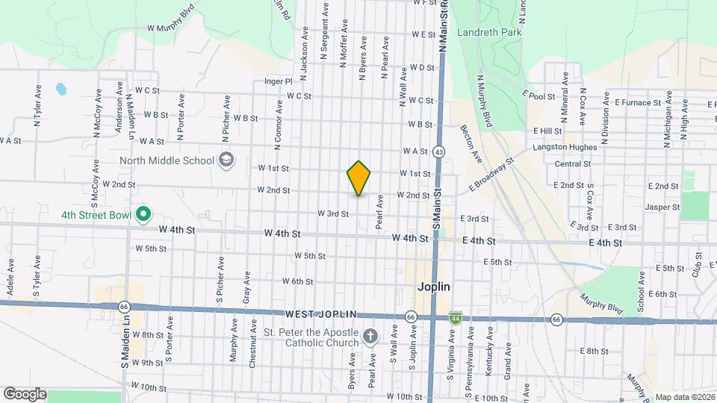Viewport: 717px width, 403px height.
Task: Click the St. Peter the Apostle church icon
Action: coord(369,338)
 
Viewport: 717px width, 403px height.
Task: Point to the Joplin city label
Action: coord(433,286)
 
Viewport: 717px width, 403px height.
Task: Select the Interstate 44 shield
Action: coord(454,318)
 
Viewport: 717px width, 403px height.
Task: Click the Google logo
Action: coord(25,394)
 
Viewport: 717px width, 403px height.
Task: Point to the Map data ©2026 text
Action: coord(683,397)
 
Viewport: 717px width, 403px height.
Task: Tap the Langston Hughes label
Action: coord(564,148)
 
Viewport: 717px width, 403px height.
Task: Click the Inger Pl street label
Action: coord(277,81)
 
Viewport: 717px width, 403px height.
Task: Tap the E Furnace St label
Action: coord(638,102)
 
